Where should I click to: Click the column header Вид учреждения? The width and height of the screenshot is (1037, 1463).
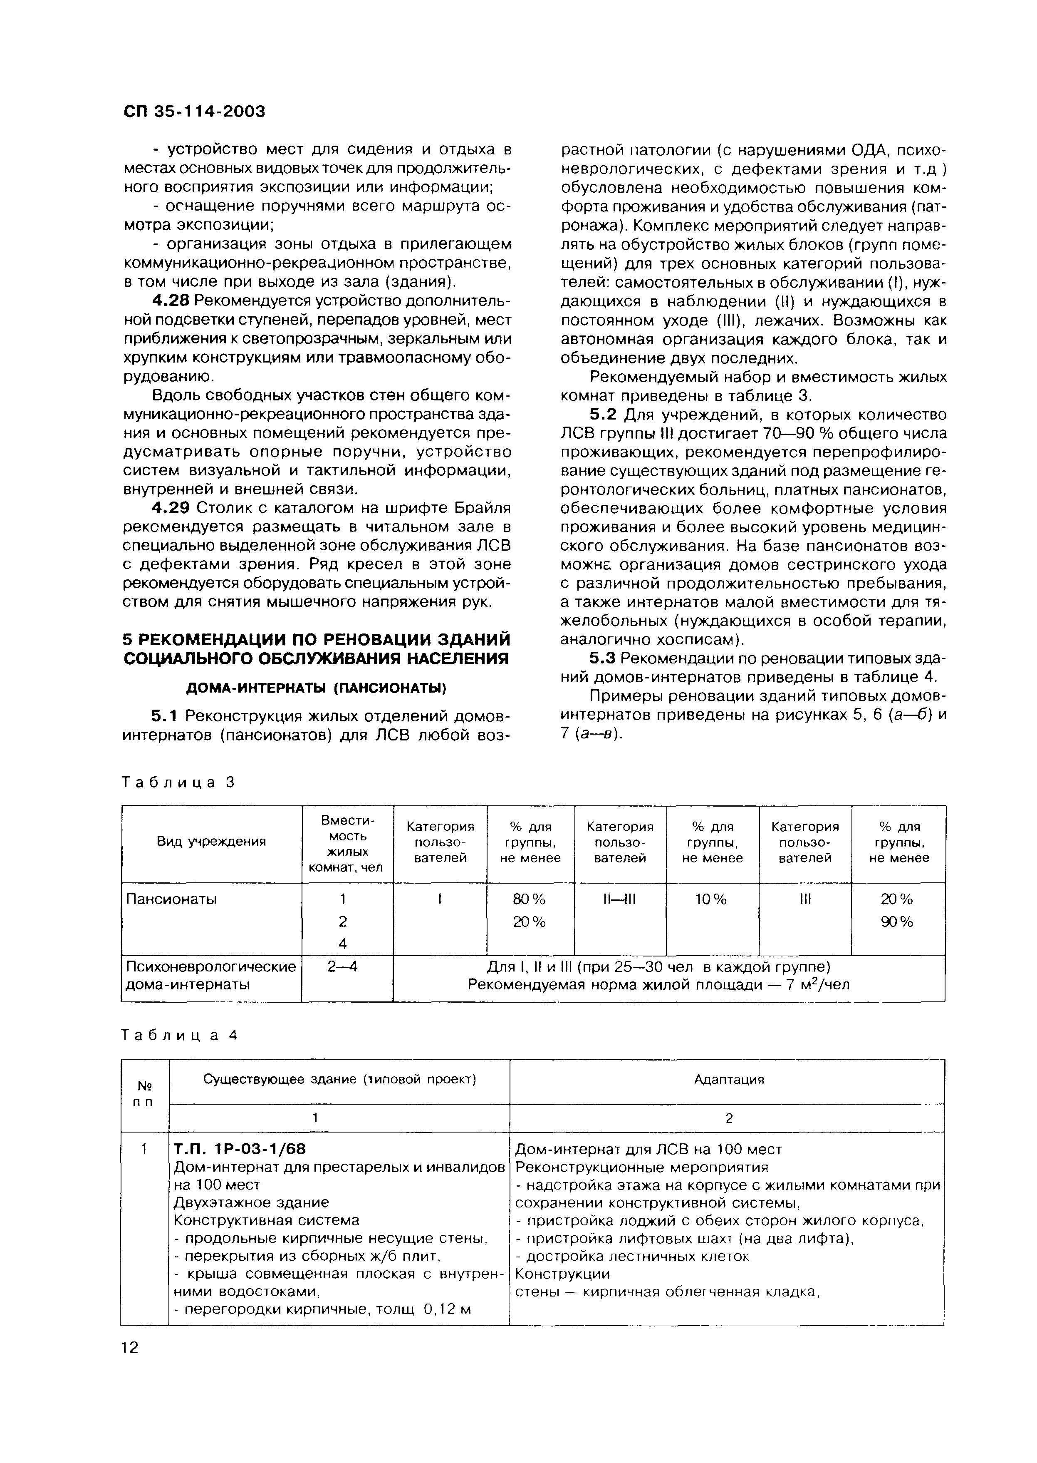pos(211,842)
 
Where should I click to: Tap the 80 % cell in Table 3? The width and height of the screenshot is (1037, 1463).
pos(530,899)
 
